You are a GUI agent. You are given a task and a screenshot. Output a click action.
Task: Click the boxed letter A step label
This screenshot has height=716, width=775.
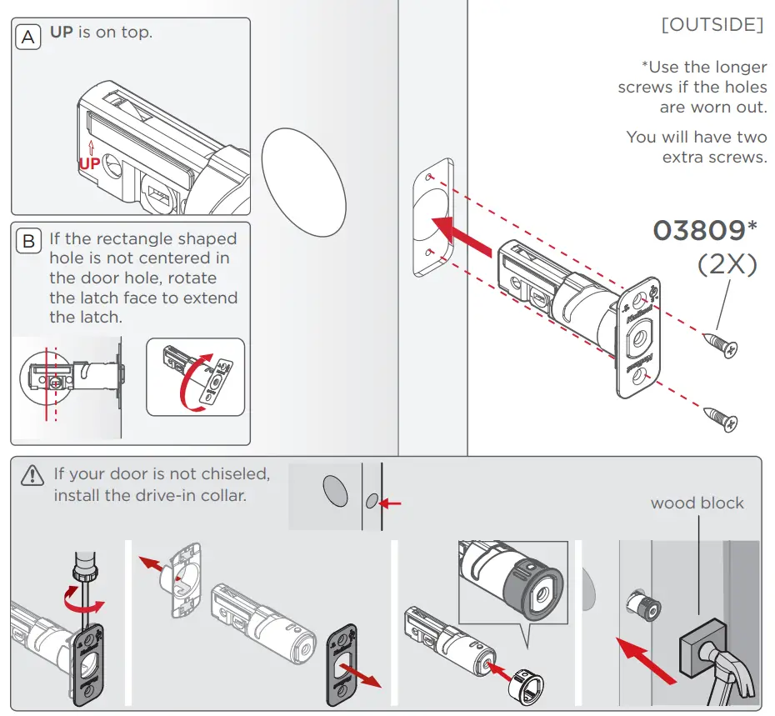pyautogui.click(x=28, y=38)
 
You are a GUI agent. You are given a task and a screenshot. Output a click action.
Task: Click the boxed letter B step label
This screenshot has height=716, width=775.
pyautogui.click(x=28, y=242)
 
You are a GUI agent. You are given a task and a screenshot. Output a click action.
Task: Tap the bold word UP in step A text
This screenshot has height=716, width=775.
pyautogui.click(x=62, y=33)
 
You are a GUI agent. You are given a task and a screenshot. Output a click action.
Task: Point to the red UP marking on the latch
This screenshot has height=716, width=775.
pyautogui.click(x=89, y=163)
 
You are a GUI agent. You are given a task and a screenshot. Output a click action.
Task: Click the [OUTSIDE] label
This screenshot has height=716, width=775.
pyautogui.click(x=712, y=25)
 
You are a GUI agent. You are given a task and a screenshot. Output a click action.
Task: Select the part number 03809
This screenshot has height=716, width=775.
pyautogui.click(x=698, y=230)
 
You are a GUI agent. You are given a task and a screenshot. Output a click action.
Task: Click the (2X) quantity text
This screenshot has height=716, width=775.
pyautogui.click(x=727, y=264)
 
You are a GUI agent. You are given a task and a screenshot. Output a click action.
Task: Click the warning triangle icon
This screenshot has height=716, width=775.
pyautogui.click(x=32, y=475)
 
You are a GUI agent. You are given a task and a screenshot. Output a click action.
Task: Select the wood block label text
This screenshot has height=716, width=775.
pyautogui.click(x=697, y=503)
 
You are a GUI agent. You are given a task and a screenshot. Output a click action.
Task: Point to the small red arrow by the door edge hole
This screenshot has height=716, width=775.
pyautogui.click(x=391, y=503)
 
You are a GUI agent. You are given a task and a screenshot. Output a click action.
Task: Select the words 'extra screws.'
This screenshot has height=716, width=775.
pyautogui.click(x=714, y=157)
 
